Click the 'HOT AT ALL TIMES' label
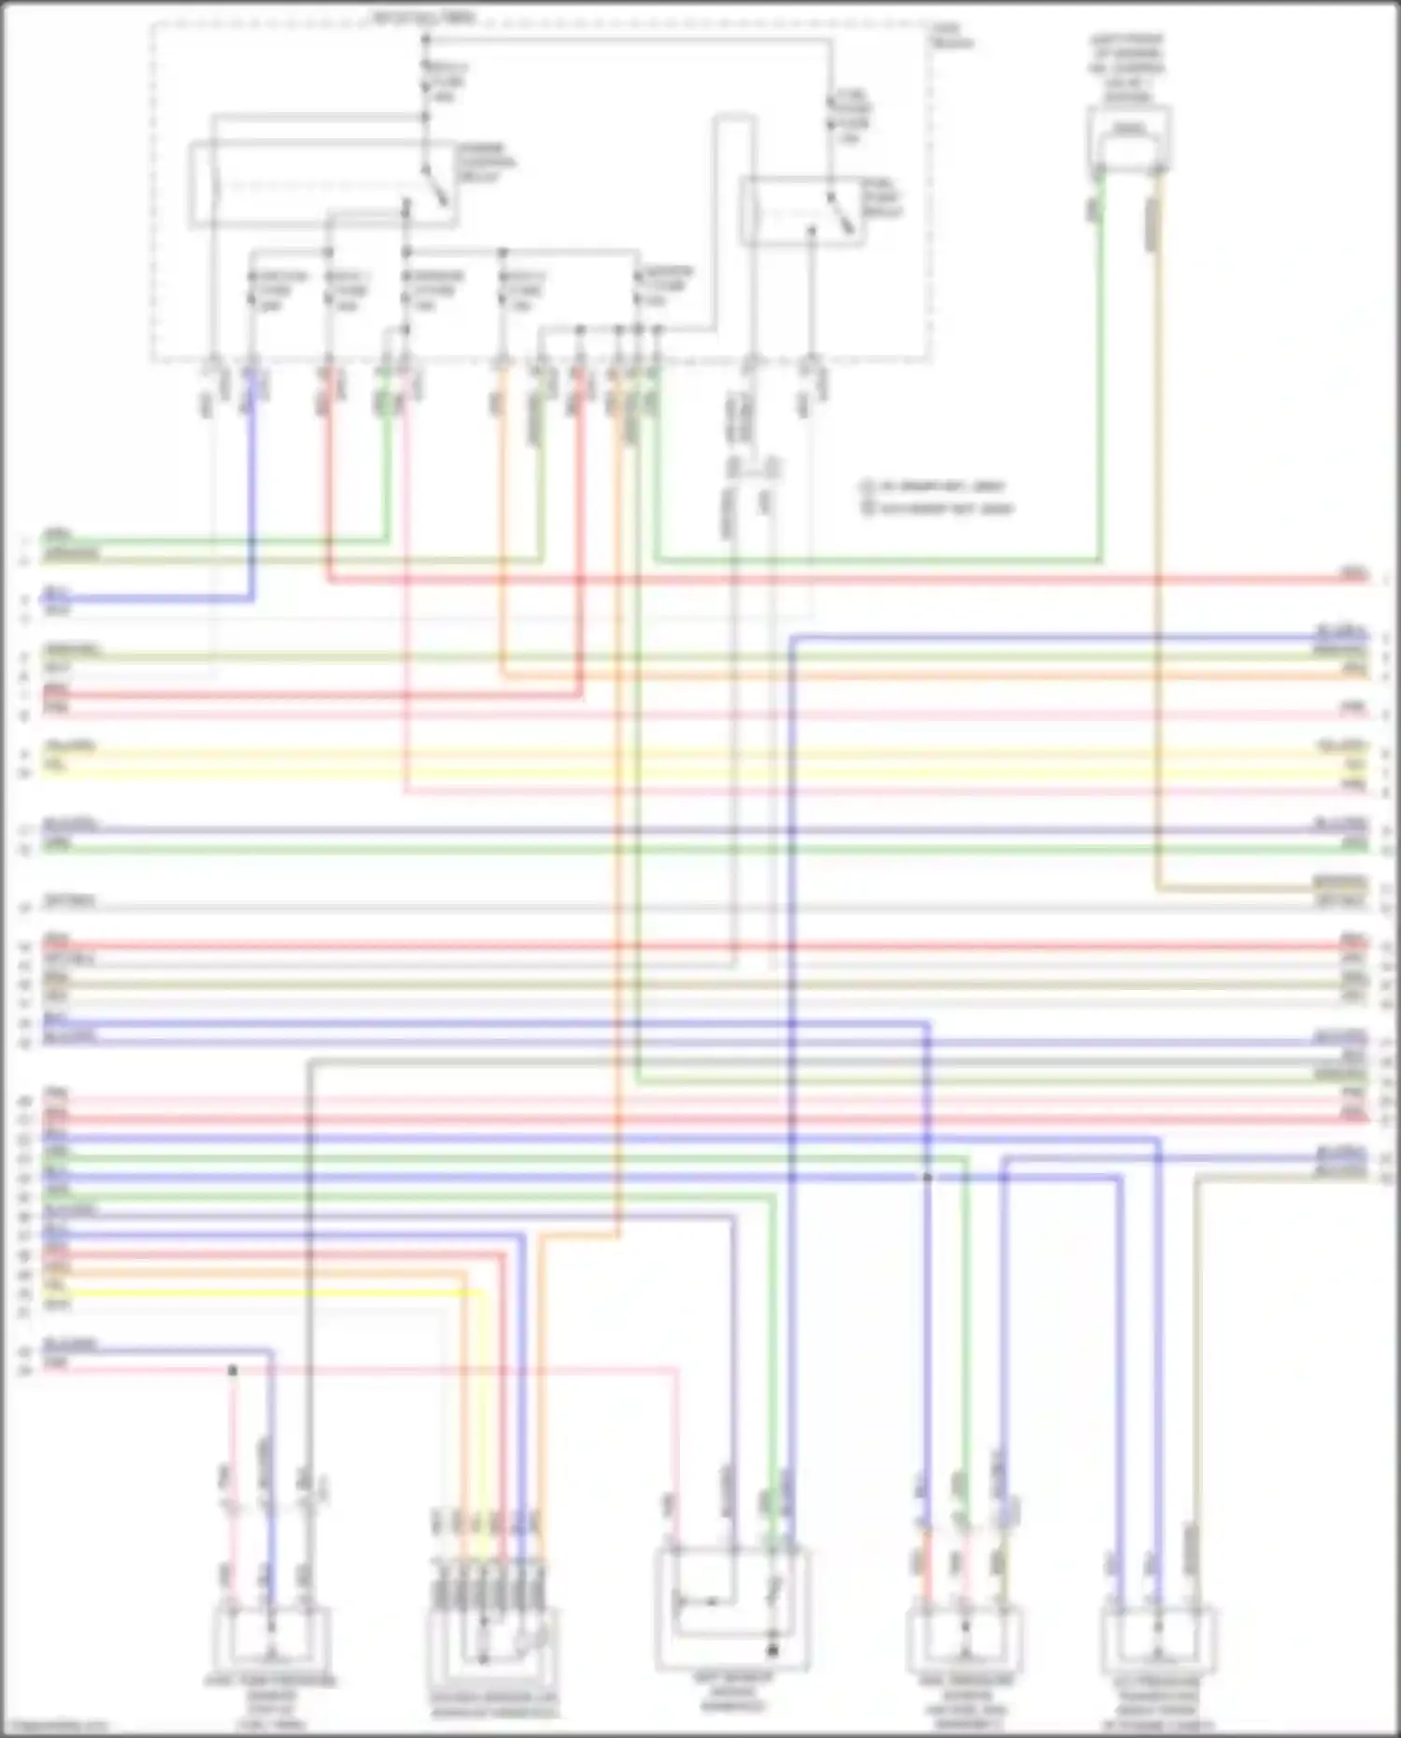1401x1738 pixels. click(424, 17)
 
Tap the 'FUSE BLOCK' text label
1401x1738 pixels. click(950, 36)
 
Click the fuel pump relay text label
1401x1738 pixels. click(881, 198)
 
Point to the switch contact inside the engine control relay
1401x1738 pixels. click(435, 187)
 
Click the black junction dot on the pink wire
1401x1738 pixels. click(233, 1370)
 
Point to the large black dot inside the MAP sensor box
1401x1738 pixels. click(772, 1651)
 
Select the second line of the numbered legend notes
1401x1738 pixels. click(939, 509)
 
